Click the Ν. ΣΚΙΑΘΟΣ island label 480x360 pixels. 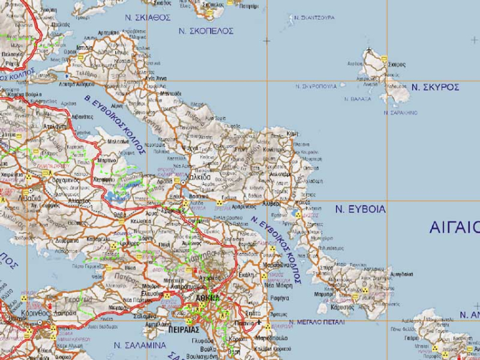click(148, 17)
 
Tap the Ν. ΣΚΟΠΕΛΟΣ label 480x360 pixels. click(205, 31)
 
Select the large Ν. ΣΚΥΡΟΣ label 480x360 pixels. click(435, 87)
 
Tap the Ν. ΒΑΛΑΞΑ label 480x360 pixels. click(357, 99)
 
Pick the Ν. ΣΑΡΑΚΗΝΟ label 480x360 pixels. click(400, 113)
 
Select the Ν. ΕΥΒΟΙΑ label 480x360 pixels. click(361, 208)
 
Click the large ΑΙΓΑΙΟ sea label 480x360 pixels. click(454, 227)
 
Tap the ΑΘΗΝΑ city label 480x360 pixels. click(206, 298)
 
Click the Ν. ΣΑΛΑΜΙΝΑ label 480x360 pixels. click(135, 345)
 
